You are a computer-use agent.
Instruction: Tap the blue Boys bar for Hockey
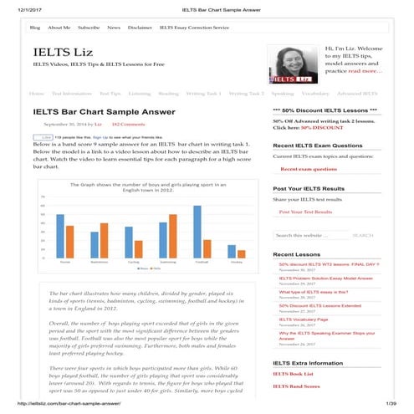[232, 251]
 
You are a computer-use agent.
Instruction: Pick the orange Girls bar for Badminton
[104, 240]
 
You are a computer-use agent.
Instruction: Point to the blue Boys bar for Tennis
[60, 236]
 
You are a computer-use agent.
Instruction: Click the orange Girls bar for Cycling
[138, 248]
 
